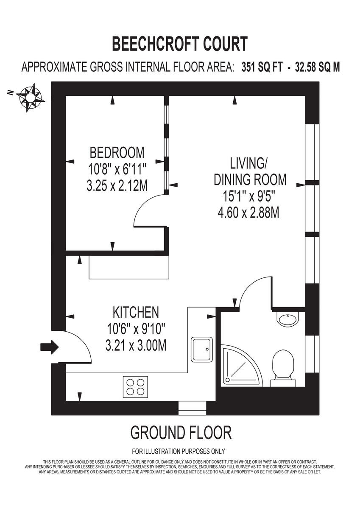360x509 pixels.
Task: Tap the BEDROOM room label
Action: point(117,152)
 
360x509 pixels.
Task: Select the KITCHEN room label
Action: point(136,313)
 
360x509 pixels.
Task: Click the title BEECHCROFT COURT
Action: point(180,44)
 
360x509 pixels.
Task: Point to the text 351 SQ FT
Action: point(262,67)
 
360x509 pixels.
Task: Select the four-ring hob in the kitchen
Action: point(136,386)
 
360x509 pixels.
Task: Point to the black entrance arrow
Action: point(49,347)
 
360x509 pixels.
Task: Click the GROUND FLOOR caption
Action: point(181,433)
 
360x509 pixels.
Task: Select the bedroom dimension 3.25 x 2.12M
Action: point(117,186)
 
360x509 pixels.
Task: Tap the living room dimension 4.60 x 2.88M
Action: point(248,212)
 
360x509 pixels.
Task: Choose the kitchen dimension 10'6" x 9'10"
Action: point(136,329)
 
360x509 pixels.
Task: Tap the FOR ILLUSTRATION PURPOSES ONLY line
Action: point(179,451)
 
